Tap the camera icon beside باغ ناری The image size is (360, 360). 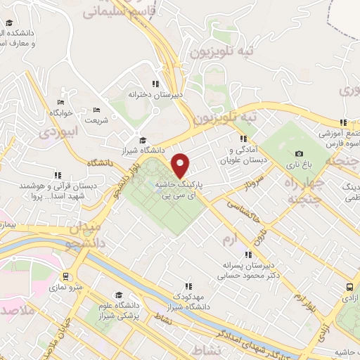(x=300, y=154)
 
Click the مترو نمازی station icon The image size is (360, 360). (x=66, y=277)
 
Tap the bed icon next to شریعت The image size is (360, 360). (x=96, y=110)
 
